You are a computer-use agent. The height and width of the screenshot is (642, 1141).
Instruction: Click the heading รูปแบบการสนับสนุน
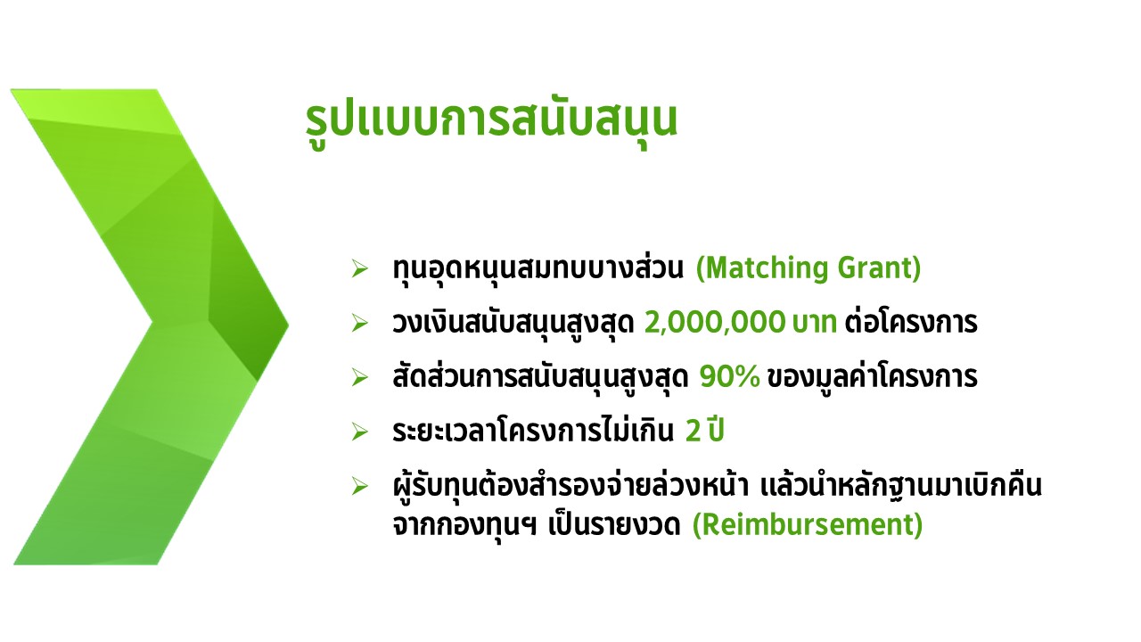(491, 122)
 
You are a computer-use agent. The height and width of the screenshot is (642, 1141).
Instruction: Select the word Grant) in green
(879, 268)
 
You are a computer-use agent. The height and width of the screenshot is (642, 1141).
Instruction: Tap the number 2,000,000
(715, 323)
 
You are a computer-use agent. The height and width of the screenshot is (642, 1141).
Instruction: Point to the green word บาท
(815, 323)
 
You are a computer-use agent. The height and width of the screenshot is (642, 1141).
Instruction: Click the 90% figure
(729, 377)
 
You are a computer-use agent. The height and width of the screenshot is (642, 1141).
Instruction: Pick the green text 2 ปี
(704, 431)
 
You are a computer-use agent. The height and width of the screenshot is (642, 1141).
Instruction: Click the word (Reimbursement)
(808, 525)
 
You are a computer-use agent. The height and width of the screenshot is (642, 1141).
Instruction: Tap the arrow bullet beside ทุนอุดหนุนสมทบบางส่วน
(359, 268)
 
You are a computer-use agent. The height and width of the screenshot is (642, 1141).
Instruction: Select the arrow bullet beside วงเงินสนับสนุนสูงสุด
(359, 323)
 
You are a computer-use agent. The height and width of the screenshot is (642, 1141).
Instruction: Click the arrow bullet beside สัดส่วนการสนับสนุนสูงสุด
(359, 377)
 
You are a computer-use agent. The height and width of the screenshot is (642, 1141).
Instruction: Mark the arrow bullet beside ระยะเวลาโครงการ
(359, 432)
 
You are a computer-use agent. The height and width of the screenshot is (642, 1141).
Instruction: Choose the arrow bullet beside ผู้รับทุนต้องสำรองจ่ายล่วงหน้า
(359, 487)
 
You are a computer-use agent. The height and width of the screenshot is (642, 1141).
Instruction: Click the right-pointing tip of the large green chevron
(288, 325)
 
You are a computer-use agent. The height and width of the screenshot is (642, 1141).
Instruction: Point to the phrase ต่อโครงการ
(911, 323)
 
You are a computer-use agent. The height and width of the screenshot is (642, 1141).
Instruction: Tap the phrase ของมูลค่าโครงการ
(872, 377)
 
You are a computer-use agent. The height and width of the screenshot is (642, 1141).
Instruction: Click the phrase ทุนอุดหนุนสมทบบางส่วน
(538, 268)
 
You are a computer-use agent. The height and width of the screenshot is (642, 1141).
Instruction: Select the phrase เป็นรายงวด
(614, 525)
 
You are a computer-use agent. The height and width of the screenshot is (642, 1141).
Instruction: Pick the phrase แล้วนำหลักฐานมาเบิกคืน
(901, 487)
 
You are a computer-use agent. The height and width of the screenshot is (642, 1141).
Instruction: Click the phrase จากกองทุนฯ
(464, 526)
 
